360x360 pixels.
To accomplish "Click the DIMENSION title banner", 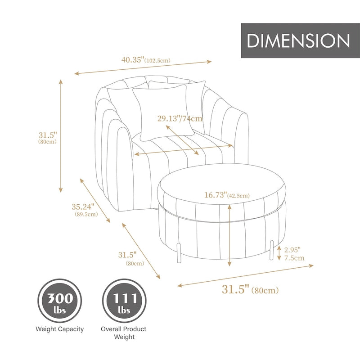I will coord(298,41).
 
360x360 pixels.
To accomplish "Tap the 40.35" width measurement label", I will coord(133,58).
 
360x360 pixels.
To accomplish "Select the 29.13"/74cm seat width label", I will coord(180,119).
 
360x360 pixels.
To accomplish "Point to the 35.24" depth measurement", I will coord(83,207).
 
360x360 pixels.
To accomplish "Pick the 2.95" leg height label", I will coord(292,249).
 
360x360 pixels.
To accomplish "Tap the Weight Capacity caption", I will coord(59,329).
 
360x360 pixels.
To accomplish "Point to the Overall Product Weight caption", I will coord(123,333).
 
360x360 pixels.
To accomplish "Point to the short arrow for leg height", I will coord(279,253).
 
